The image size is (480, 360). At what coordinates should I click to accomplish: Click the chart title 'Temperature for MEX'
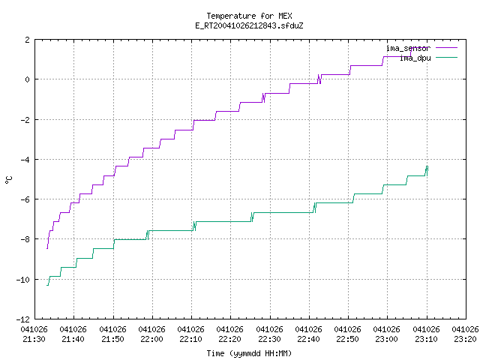coord(249,16)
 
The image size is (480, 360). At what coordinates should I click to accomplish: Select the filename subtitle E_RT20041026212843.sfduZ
coord(249,25)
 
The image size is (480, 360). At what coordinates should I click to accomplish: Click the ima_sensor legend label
coord(408,48)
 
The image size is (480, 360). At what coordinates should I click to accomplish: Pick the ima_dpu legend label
coord(415,58)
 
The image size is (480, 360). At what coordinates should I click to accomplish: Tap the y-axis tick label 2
coord(28,40)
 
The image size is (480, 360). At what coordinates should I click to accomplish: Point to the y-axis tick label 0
coord(28,79)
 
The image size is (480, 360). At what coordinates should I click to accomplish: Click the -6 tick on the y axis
coord(25,199)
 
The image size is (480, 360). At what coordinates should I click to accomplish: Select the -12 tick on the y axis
coord(23,319)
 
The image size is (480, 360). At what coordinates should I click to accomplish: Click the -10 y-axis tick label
coord(23,280)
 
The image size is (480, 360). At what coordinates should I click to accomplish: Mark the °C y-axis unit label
coord(8,180)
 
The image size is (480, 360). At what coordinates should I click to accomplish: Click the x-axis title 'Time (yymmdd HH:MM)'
coord(249,353)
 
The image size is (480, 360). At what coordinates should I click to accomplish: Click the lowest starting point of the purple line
coord(46,248)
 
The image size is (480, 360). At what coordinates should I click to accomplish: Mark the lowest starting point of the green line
coord(46,285)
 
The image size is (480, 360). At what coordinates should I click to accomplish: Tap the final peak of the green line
coord(427,166)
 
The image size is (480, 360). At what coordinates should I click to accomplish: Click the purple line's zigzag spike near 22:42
coord(319,79)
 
